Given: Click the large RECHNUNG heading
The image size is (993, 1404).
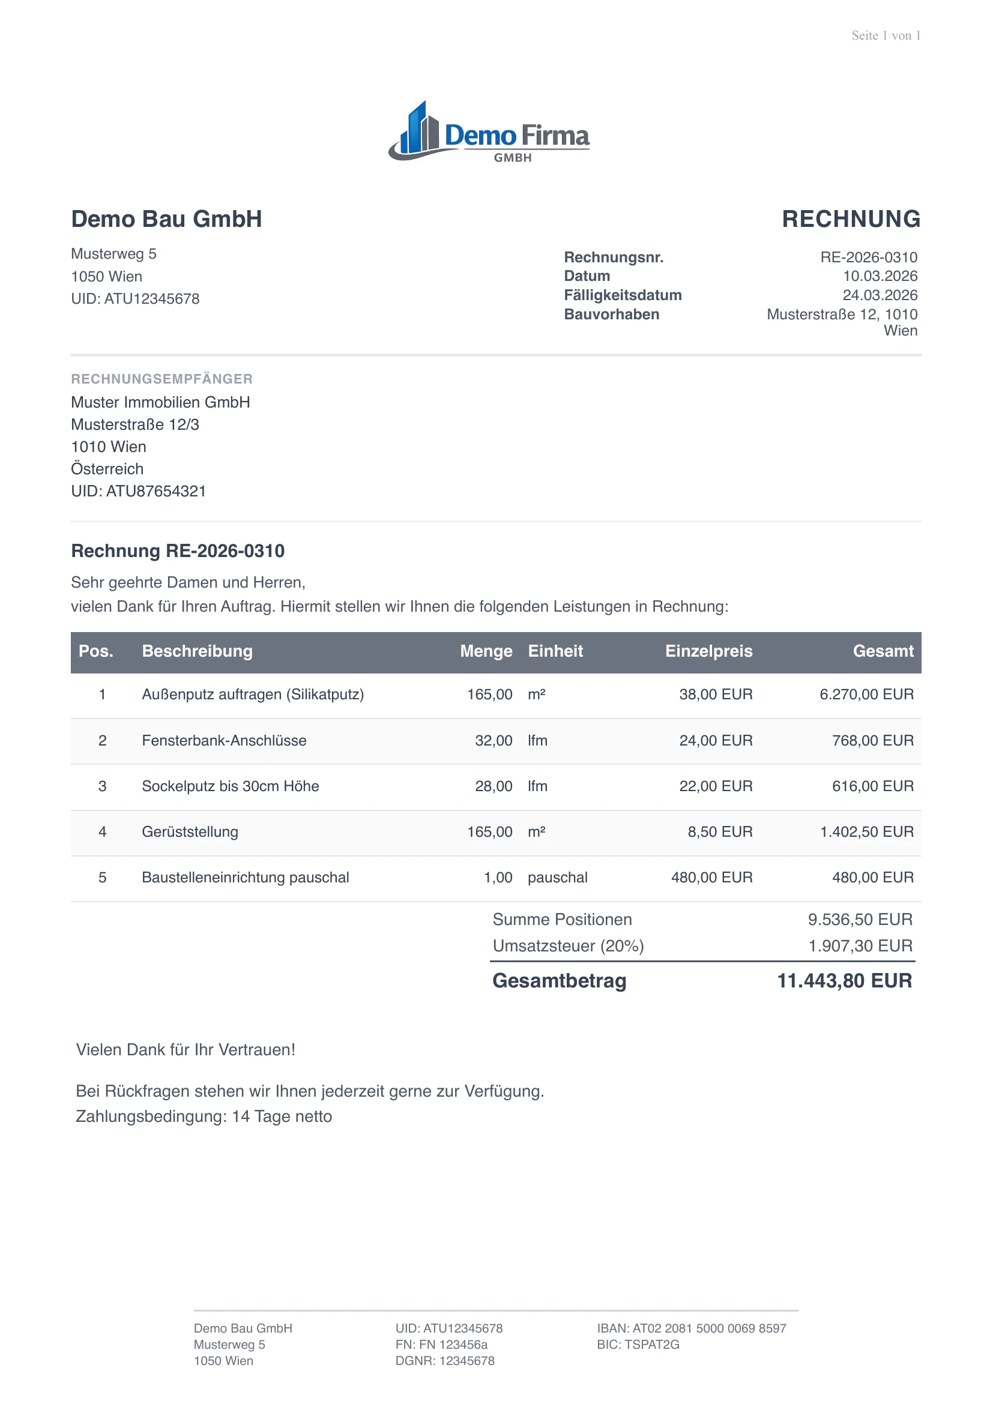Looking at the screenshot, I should pos(851,219).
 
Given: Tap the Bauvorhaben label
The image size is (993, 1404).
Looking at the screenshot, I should pos(611,315).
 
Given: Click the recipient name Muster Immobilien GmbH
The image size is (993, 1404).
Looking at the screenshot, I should pos(160,402).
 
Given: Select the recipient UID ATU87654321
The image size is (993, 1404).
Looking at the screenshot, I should pos(138,491).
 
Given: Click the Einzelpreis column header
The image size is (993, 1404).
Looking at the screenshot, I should pos(708,651).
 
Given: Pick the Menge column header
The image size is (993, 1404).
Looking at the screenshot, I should pos(486,651).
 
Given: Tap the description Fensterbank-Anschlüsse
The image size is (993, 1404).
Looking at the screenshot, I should pos(224,741).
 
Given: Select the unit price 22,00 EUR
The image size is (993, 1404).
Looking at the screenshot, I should pos(716,786).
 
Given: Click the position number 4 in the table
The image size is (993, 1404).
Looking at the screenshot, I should pos(102,832).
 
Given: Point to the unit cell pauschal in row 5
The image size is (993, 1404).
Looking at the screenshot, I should pos(557,878).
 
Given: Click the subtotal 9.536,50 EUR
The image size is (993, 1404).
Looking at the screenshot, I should pos(859,920).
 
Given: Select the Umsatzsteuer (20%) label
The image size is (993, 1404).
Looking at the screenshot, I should pos(568,946).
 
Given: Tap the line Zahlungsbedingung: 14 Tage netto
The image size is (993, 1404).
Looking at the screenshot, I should pos(204,1116).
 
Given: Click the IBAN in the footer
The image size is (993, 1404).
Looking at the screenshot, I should pos(691,1328).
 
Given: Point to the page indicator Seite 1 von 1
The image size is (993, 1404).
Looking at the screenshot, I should pos(886,35).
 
